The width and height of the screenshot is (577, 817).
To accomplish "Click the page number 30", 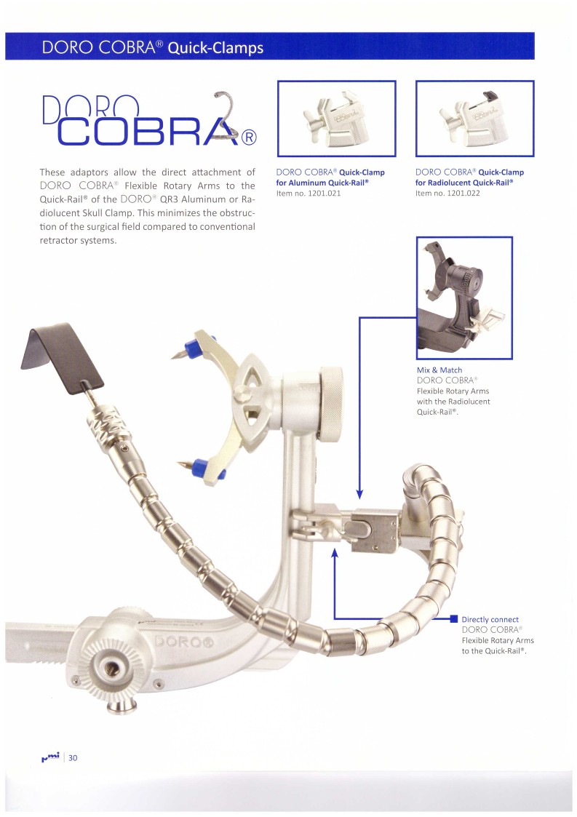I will tap(73, 757).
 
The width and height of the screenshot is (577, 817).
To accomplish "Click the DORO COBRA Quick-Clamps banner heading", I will tap(152, 48).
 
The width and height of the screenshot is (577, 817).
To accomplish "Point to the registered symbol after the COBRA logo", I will tap(248, 137).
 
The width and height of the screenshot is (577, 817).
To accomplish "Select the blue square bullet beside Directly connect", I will tap(453, 619).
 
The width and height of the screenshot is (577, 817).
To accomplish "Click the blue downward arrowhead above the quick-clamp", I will tap(359, 494).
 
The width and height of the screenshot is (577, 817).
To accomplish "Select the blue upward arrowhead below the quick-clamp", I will tap(335, 552).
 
